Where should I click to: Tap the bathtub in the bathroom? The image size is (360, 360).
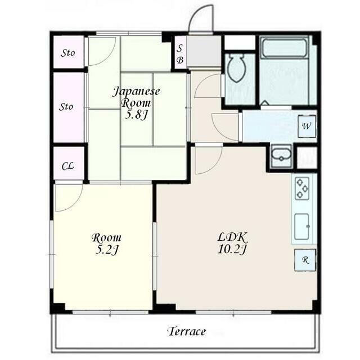pyautogui.click(x=284, y=48)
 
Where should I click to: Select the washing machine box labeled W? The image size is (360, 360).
pyautogui.click(x=307, y=127)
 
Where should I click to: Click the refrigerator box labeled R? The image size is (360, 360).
pyautogui.click(x=305, y=260)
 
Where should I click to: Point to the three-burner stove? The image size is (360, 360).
pyautogui.click(x=301, y=189)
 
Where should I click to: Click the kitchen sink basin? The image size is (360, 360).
pyautogui.click(x=301, y=226)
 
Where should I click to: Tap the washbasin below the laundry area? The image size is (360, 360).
pyautogui.click(x=281, y=156)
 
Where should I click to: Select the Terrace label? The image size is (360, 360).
pyautogui.click(x=187, y=331)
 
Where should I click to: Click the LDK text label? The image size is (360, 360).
pyautogui.click(x=232, y=237)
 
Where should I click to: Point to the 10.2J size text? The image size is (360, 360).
pyautogui.click(x=232, y=250)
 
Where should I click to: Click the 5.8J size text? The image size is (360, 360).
pyautogui.click(x=136, y=115)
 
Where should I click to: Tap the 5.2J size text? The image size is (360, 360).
pyautogui.click(x=106, y=250)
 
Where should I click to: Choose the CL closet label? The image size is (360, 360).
pyautogui.click(x=67, y=166)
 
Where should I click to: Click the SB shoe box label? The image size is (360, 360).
pyautogui.click(x=180, y=54)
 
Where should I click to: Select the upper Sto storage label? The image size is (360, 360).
pyautogui.click(x=67, y=53)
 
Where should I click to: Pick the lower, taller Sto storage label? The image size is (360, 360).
pyautogui.click(x=66, y=107)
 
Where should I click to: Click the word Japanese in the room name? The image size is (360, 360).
pyautogui.click(x=136, y=92)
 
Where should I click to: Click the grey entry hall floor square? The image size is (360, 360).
pyautogui.click(x=204, y=51)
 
